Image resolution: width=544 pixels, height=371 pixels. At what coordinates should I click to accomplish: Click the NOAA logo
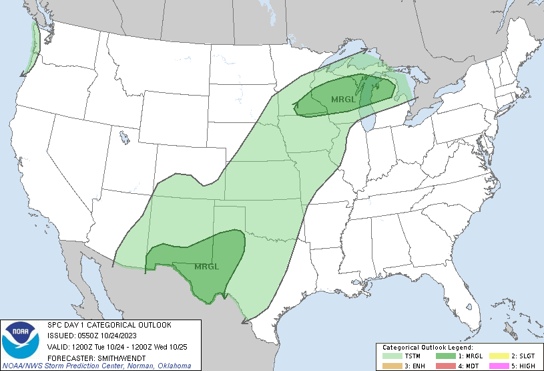(x=21, y=340)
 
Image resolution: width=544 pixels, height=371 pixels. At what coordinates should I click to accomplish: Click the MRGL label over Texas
(x=206, y=267)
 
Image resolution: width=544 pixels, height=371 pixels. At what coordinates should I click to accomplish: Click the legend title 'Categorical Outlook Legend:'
(x=427, y=348)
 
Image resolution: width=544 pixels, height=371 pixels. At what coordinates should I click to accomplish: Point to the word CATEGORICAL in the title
(x=107, y=325)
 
